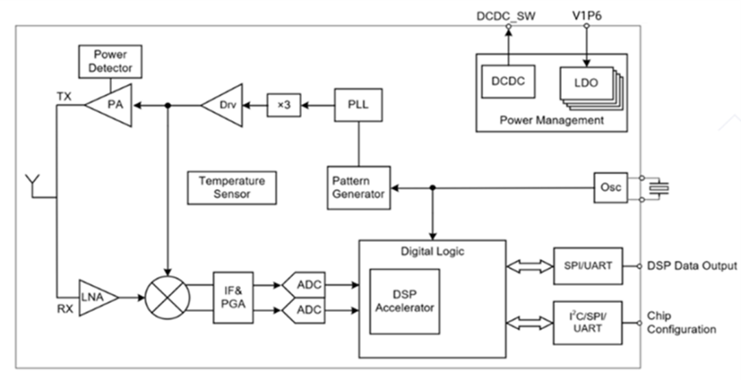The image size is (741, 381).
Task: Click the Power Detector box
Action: tap(110, 62)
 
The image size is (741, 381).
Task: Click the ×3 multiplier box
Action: tap(283, 106)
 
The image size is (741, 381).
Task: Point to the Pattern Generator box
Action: tap(357, 187)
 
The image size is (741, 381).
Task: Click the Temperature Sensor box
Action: tap(231, 188)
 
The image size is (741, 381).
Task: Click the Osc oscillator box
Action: tap(611, 187)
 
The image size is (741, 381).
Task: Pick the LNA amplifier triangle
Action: tap(96, 297)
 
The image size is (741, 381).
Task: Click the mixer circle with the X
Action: tap(167, 297)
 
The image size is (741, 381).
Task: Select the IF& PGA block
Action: tap(234, 298)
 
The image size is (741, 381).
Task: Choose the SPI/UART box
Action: tap(588, 266)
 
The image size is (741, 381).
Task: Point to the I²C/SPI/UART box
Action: tap(587, 322)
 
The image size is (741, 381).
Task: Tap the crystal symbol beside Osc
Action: tap(659, 187)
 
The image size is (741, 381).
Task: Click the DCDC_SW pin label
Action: tap(507, 14)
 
